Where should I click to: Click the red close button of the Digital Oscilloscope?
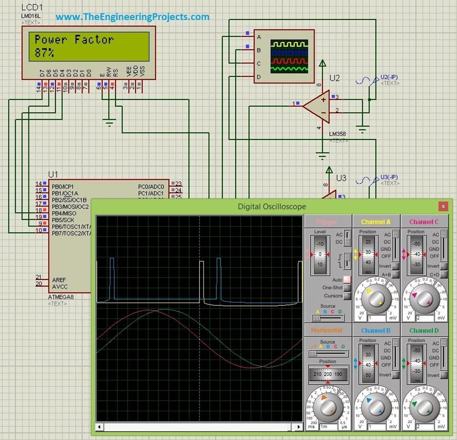pyautogui.click(x=443, y=206)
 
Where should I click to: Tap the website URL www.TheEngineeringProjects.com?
pyautogui.click(x=133, y=17)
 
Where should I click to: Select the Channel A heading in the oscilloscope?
pyautogui.click(x=375, y=222)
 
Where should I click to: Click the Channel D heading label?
pyautogui.click(x=424, y=330)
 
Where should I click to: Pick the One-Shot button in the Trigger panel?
pyautogui.click(x=347, y=288)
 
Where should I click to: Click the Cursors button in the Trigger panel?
pyautogui.click(x=347, y=296)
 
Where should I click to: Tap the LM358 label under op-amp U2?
pyautogui.click(x=337, y=134)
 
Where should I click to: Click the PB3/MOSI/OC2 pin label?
pyautogui.click(x=70, y=206)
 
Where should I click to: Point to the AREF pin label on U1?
pyautogui.click(x=59, y=280)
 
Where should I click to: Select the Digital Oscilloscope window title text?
pyautogui.click(x=272, y=206)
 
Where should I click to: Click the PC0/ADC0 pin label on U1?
pyautogui.click(x=151, y=186)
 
